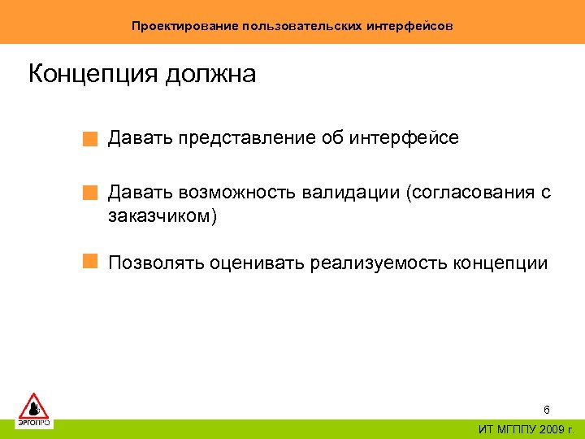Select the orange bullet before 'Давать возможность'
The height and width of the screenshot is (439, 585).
tap(90, 194)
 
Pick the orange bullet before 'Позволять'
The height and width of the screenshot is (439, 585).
tap(90, 262)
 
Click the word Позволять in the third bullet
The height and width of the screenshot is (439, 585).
tap(156, 263)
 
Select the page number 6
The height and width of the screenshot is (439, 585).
tap(546, 411)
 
